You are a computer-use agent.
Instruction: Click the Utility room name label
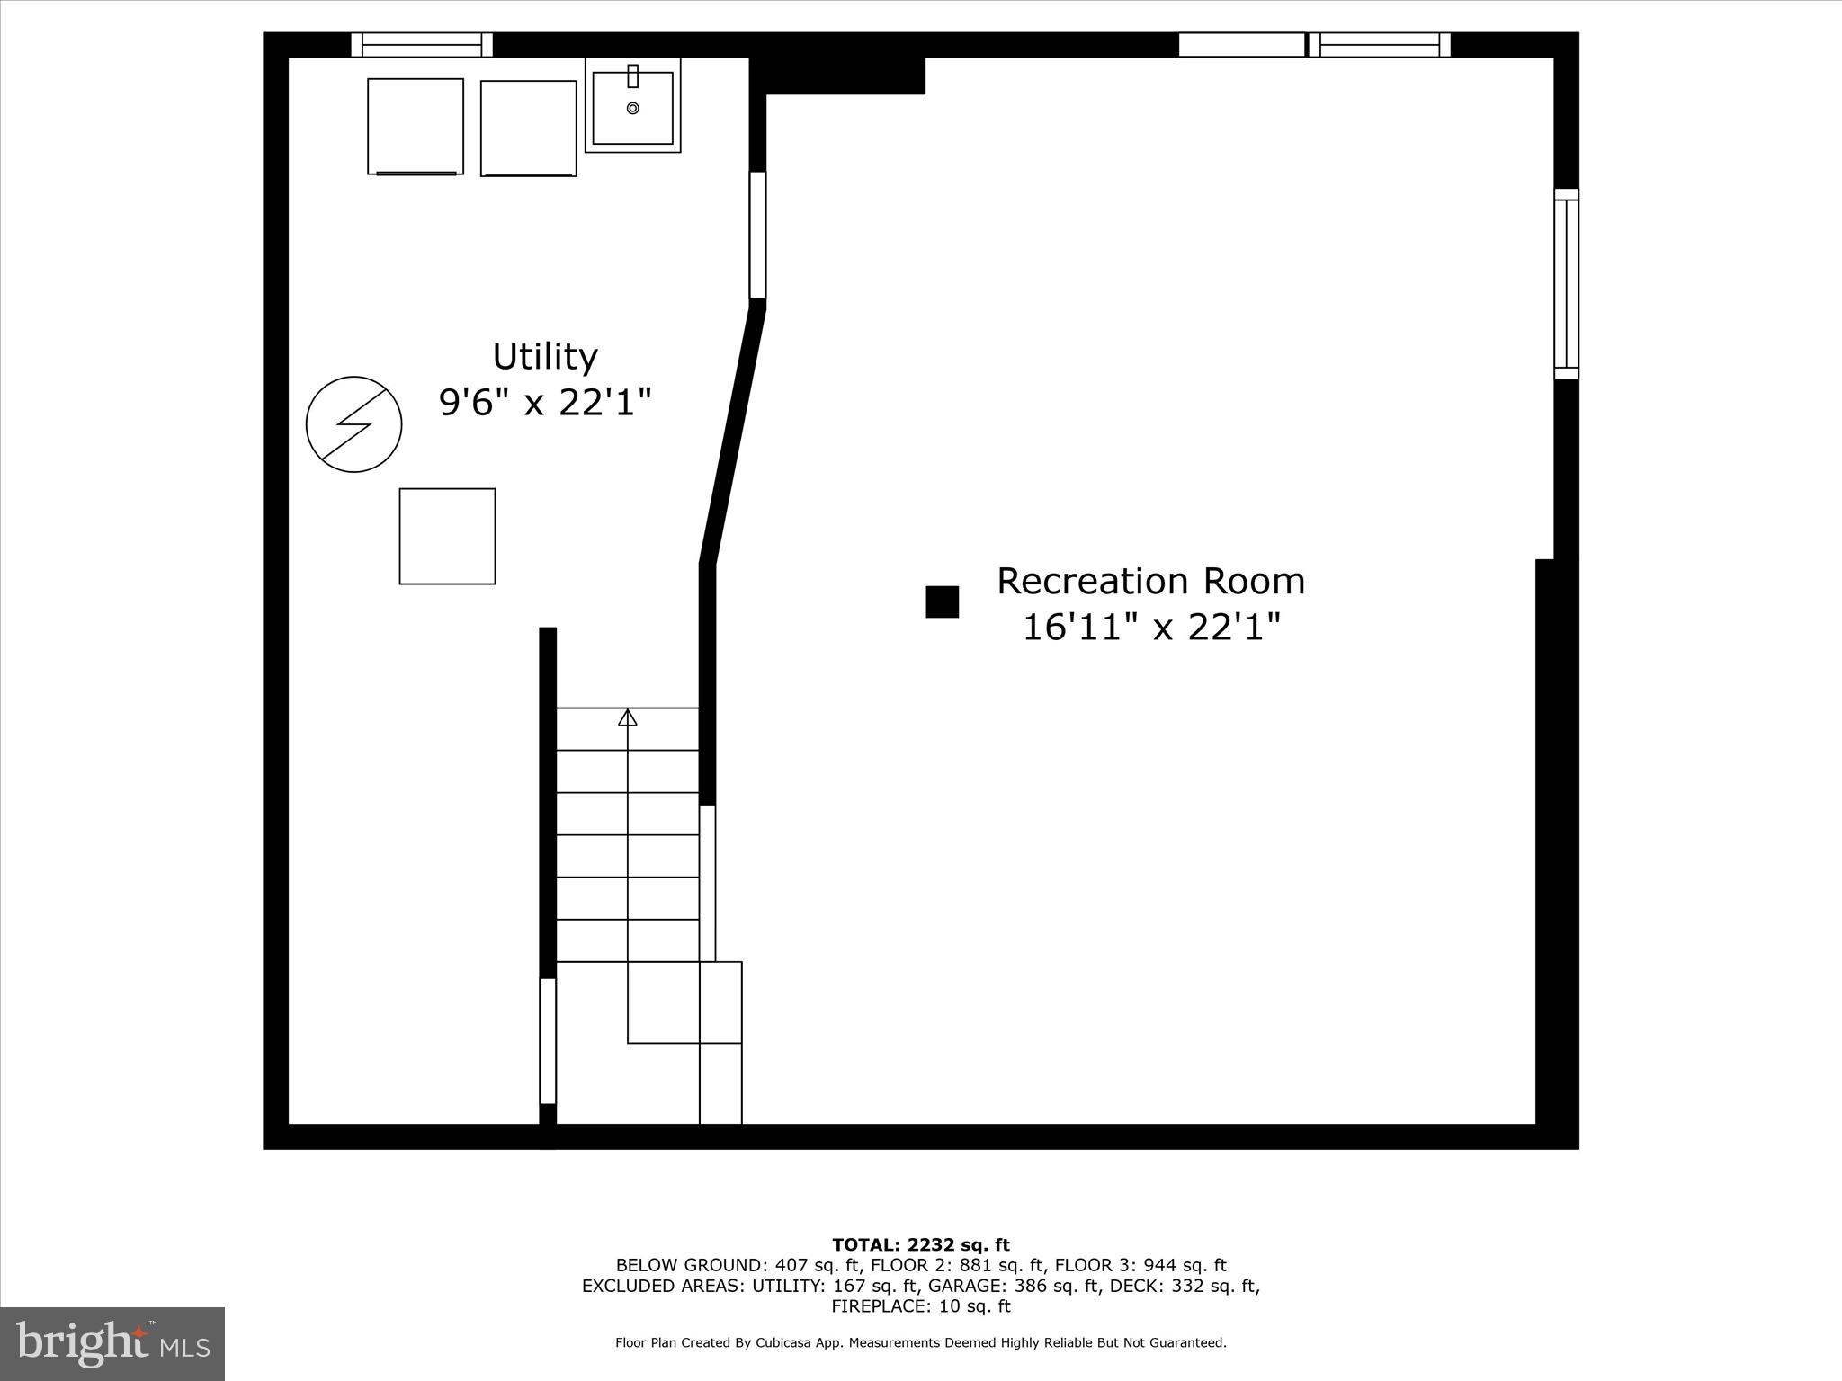[x=544, y=357]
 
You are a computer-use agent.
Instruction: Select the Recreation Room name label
[x=1150, y=582]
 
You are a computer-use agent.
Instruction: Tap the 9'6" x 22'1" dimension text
[x=544, y=402]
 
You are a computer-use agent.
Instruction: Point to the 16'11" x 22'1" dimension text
[x=1150, y=627]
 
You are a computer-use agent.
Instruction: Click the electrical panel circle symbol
[x=353, y=424]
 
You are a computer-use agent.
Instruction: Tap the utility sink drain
[x=632, y=109]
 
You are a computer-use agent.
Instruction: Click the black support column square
[x=942, y=601]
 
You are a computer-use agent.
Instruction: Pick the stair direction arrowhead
[x=628, y=717]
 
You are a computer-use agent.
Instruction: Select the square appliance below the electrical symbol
[x=447, y=536]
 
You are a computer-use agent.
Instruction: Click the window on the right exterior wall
[x=1566, y=284]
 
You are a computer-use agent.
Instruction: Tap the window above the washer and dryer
[x=422, y=45]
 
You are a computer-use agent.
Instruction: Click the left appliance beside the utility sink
[x=415, y=126]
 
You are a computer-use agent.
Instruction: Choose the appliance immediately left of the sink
[x=528, y=128]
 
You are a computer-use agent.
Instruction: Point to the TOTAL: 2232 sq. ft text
[x=921, y=1245]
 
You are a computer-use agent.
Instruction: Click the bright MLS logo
[x=112, y=1343]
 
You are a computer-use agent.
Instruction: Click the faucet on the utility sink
[x=632, y=76]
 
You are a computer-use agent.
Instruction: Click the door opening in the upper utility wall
[x=757, y=235]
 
